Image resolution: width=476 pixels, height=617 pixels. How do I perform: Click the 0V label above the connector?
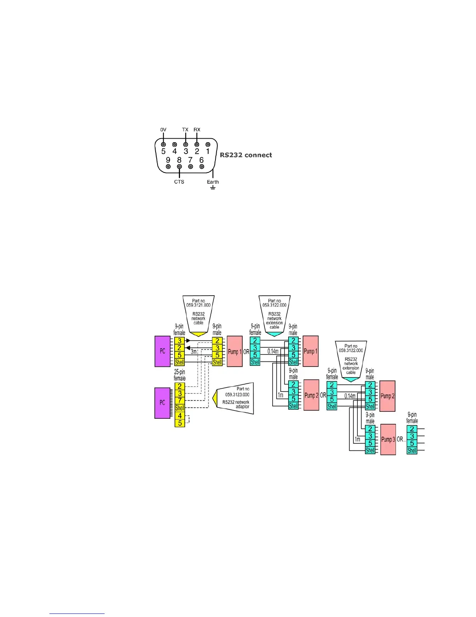pos(163,130)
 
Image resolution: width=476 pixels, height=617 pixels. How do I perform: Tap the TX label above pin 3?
pos(185,130)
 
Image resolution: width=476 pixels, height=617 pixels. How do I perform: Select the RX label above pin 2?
pos(197,130)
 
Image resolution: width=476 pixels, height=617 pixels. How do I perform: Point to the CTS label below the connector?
pos(179,182)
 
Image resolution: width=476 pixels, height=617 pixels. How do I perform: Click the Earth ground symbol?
pos(213,187)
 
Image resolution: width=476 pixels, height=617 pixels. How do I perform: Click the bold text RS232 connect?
pos(246,155)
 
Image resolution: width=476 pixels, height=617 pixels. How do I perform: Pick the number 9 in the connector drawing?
pos(168,160)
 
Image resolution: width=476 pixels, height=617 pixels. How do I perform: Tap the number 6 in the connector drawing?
pos(201,160)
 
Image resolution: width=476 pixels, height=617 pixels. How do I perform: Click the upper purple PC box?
pos(163,351)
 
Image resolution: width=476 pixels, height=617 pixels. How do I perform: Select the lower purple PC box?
pos(163,403)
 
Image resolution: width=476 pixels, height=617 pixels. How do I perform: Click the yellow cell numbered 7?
pos(180,401)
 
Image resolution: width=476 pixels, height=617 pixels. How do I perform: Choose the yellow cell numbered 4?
pos(180,416)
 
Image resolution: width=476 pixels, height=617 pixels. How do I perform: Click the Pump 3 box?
pos(388,439)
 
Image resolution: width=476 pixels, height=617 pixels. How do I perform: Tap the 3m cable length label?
pos(194,351)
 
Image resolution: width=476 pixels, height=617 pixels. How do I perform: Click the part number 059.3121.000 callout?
pos(198,303)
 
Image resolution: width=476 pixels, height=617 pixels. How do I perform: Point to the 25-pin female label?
pos(179,375)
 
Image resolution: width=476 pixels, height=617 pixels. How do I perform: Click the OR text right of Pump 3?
pos(401,439)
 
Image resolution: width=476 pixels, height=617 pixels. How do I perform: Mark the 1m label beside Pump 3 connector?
pos(357,439)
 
